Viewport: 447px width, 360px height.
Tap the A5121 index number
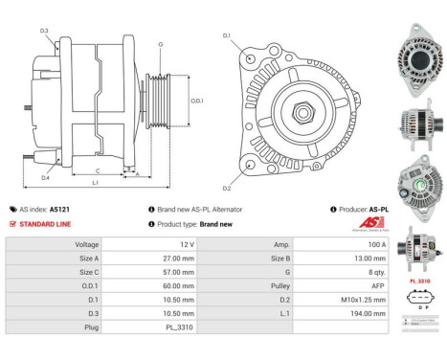59,209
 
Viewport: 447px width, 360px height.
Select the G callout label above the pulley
160,44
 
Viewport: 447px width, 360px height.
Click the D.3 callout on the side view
44,31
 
